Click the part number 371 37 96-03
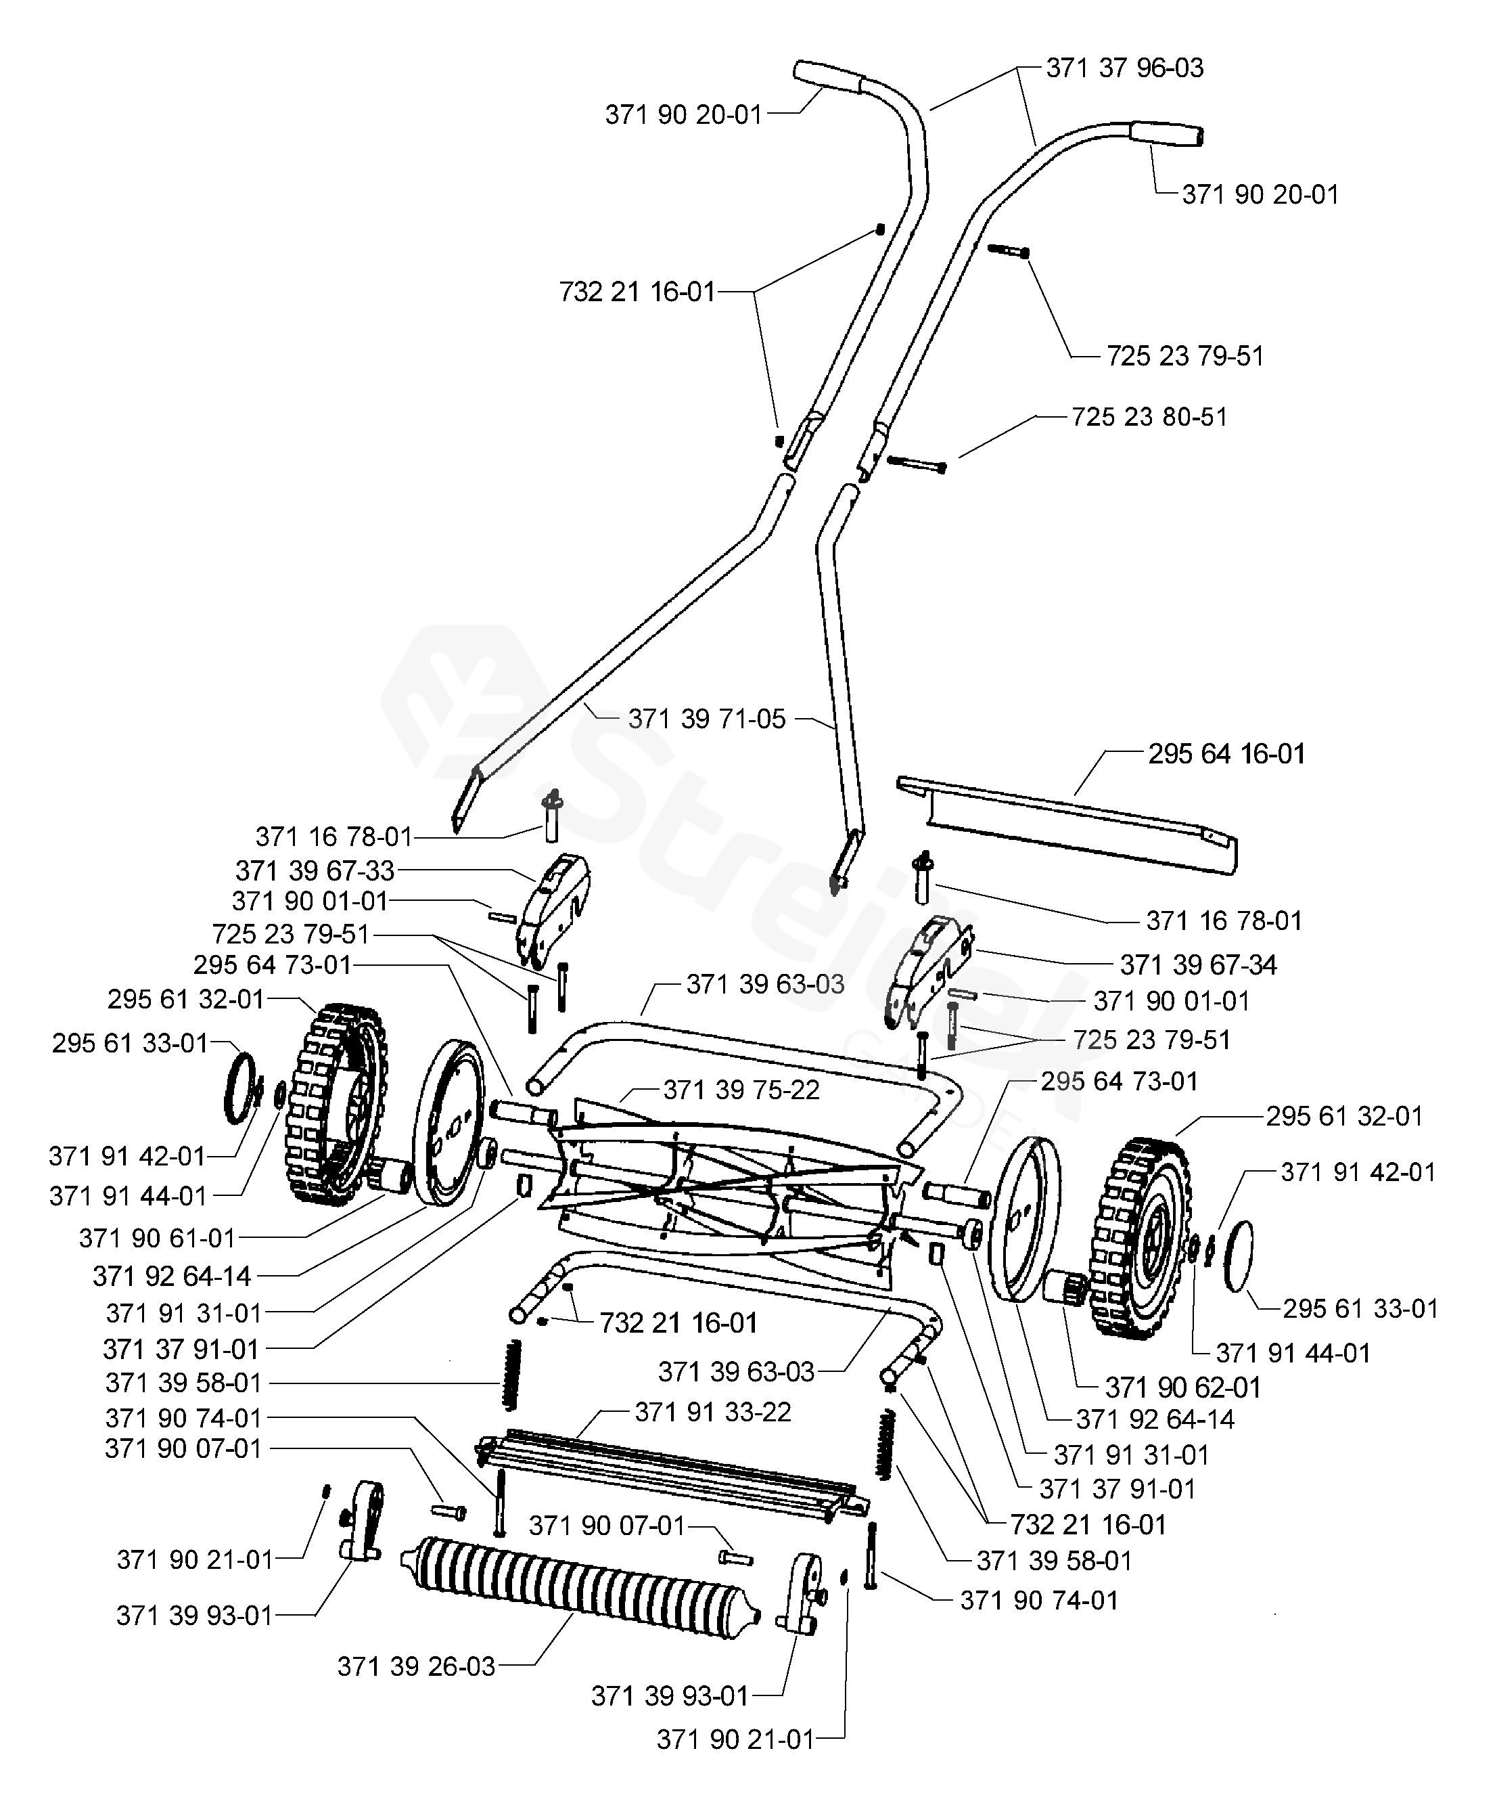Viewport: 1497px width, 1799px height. pyautogui.click(x=1124, y=68)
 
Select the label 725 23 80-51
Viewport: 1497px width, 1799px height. pyautogui.click(x=1149, y=417)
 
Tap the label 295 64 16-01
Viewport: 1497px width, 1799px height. pyautogui.click(x=1226, y=754)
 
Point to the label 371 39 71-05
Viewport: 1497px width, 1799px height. pyautogui.click(x=706, y=719)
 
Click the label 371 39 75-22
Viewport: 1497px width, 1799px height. pyautogui.click(x=741, y=1090)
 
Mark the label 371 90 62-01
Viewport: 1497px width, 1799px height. pyautogui.click(x=1182, y=1387)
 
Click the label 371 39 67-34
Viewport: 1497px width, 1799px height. pyautogui.click(x=1198, y=964)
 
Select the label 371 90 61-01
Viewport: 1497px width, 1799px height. pyautogui.click(x=157, y=1237)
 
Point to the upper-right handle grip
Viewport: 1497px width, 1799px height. pyautogui.click(x=1165, y=133)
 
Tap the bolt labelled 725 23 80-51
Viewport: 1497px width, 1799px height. pyautogui.click(x=917, y=464)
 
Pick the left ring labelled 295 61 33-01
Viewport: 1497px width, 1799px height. pyautogui.click(x=239, y=1089)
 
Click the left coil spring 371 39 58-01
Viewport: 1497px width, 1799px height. pyautogui.click(x=511, y=1374)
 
